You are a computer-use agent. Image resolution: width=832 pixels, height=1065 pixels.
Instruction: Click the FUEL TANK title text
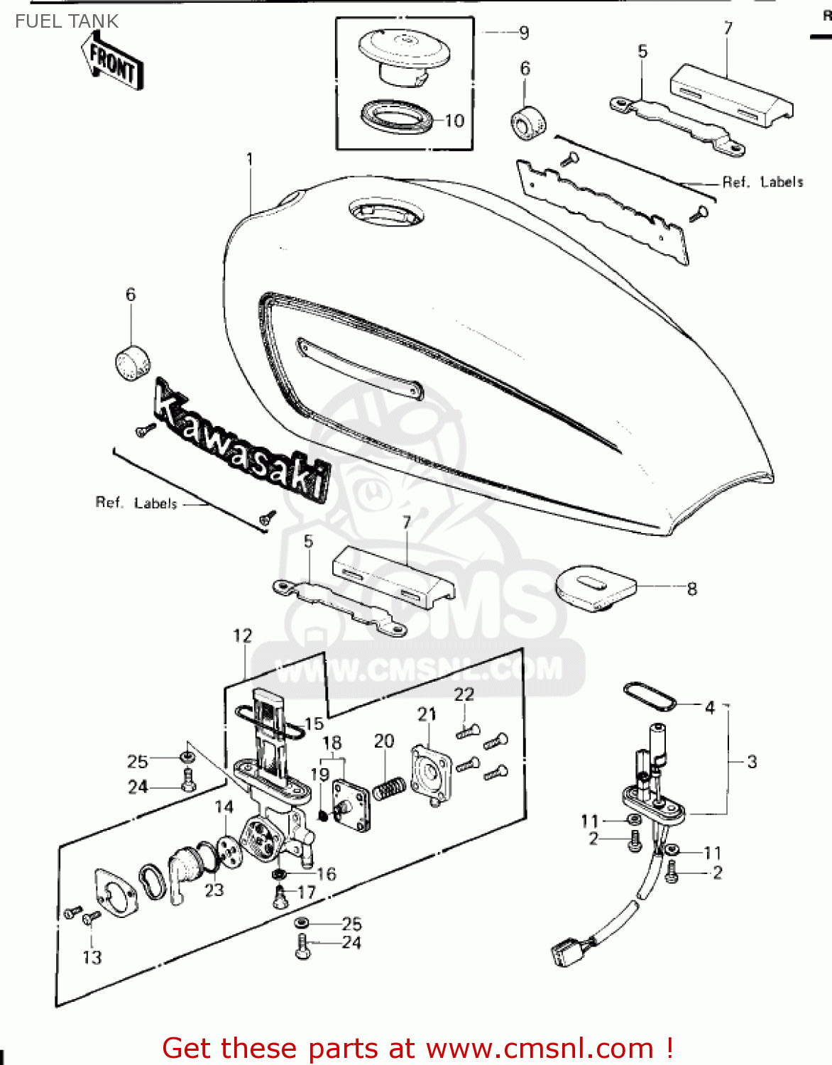(67, 21)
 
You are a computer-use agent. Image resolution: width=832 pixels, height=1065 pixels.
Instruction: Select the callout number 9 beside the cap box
(524, 33)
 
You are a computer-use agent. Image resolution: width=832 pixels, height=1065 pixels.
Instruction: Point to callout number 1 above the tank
(250, 159)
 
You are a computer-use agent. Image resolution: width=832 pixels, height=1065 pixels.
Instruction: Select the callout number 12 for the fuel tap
(243, 635)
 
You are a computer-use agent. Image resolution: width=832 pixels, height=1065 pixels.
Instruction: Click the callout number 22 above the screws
(464, 694)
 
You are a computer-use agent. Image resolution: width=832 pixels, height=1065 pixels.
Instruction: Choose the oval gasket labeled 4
(648, 697)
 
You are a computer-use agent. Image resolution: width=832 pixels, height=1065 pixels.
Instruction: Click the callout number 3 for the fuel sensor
(752, 762)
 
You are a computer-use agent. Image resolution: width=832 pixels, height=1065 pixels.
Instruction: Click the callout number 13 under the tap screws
(92, 957)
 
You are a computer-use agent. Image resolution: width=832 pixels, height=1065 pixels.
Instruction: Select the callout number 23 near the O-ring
(214, 890)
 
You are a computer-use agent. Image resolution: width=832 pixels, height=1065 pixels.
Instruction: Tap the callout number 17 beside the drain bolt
(306, 892)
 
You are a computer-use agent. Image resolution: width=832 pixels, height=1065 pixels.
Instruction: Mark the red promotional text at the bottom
(417, 1048)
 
